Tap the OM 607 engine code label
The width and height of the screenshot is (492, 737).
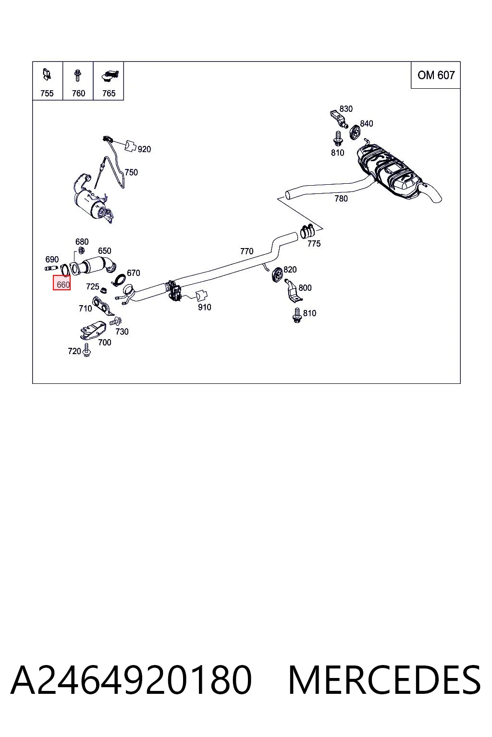pyautogui.click(x=436, y=75)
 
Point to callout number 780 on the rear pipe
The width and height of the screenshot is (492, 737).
pyautogui.click(x=341, y=198)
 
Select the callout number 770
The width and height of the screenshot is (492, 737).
pyautogui.click(x=247, y=251)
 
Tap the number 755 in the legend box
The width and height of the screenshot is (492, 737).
pyautogui.click(x=47, y=94)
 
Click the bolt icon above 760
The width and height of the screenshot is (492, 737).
pyautogui.click(x=78, y=75)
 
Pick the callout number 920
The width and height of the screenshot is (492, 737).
pyautogui.click(x=144, y=149)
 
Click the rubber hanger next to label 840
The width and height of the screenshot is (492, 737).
pyautogui.click(x=355, y=132)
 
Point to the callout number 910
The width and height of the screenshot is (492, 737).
pyautogui.click(x=204, y=307)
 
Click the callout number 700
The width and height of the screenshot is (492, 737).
pyautogui.click(x=104, y=343)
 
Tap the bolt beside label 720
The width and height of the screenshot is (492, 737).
pyautogui.click(x=87, y=351)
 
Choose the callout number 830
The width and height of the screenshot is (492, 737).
pyautogui.click(x=346, y=109)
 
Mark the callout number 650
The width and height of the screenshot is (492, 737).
pyautogui.click(x=104, y=251)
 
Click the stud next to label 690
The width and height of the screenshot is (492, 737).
pyautogui.click(x=51, y=268)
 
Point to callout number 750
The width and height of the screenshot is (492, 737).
pyautogui.click(x=131, y=172)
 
